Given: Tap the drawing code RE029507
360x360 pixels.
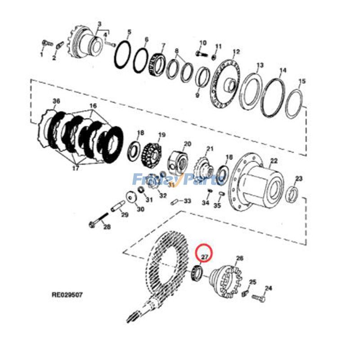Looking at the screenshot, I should pos(67,295).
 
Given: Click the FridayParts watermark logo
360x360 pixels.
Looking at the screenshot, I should pos(178,180).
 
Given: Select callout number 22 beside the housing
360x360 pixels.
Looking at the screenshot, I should pos(274,161).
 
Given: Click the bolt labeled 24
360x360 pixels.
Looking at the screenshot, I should pos(258,298).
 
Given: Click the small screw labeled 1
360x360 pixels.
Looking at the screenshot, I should pos(45,43).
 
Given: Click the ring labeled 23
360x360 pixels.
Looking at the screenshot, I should pos(292,193).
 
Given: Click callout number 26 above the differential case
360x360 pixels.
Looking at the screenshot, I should pos(239,258).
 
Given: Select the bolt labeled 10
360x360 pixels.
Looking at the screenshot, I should pos(200,53).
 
